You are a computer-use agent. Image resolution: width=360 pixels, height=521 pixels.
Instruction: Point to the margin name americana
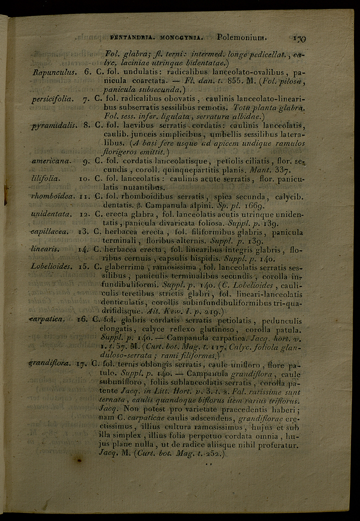coord(52,161)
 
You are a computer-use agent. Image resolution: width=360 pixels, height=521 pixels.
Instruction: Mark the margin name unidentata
coord(52,215)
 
